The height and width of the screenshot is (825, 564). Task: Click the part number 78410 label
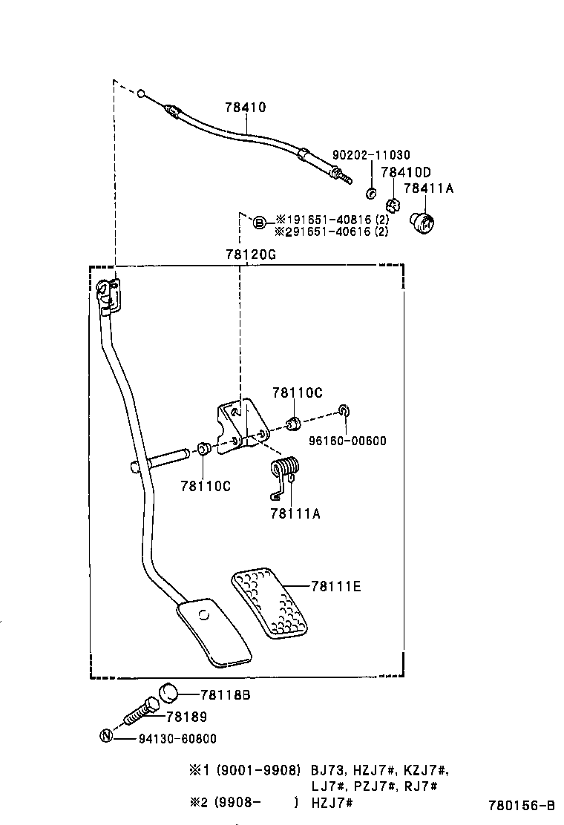(x=245, y=108)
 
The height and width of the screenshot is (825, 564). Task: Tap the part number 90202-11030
(x=371, y=155)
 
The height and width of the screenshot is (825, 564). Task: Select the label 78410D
(x=406, y=172)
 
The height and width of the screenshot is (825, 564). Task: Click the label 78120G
(x=251, y=254)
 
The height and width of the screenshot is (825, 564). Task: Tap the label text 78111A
(x=295, y=513)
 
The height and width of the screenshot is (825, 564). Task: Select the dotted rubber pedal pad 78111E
(x=271, y=602)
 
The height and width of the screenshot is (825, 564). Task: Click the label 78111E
(x=336, y=586)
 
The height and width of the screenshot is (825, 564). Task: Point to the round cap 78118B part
(x=170, y=694)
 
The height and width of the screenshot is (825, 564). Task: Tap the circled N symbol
(x=106, y=737)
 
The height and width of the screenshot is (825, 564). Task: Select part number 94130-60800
(x=177, y=739)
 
